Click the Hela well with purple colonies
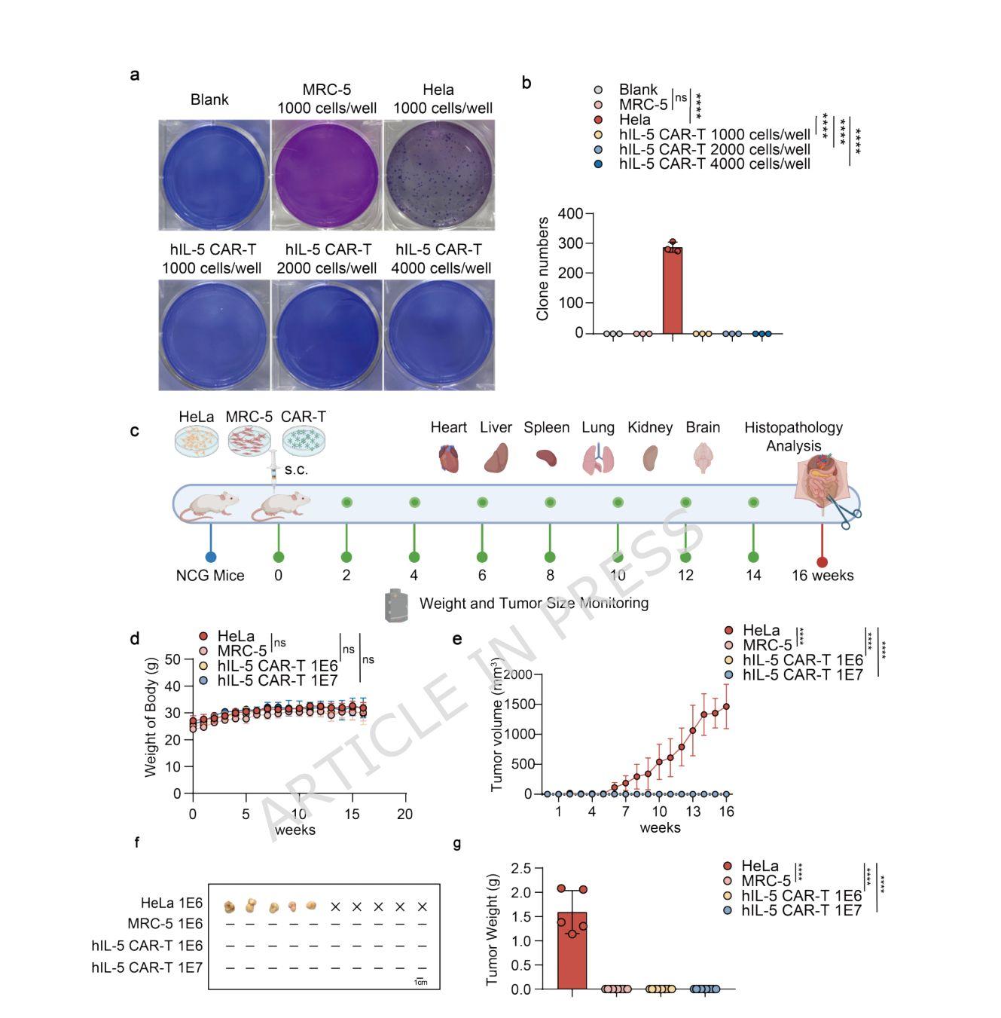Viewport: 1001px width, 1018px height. click(439, 175)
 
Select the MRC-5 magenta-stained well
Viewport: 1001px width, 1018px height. click(325, 175)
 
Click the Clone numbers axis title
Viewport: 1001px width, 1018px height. click(542, 269)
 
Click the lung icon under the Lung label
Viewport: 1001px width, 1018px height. click(597, 458)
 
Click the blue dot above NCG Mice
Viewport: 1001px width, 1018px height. click(210, 557)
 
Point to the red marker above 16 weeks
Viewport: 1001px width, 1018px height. click(822, 562)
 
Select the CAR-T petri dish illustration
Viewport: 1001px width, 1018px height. click(304, 440)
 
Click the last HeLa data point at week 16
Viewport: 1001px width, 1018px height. click(727, 706)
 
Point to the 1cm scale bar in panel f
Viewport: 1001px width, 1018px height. click(420, 980)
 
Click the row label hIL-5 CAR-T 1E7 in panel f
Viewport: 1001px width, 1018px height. click(147, 968)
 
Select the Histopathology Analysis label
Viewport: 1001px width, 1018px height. click(793, 436)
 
